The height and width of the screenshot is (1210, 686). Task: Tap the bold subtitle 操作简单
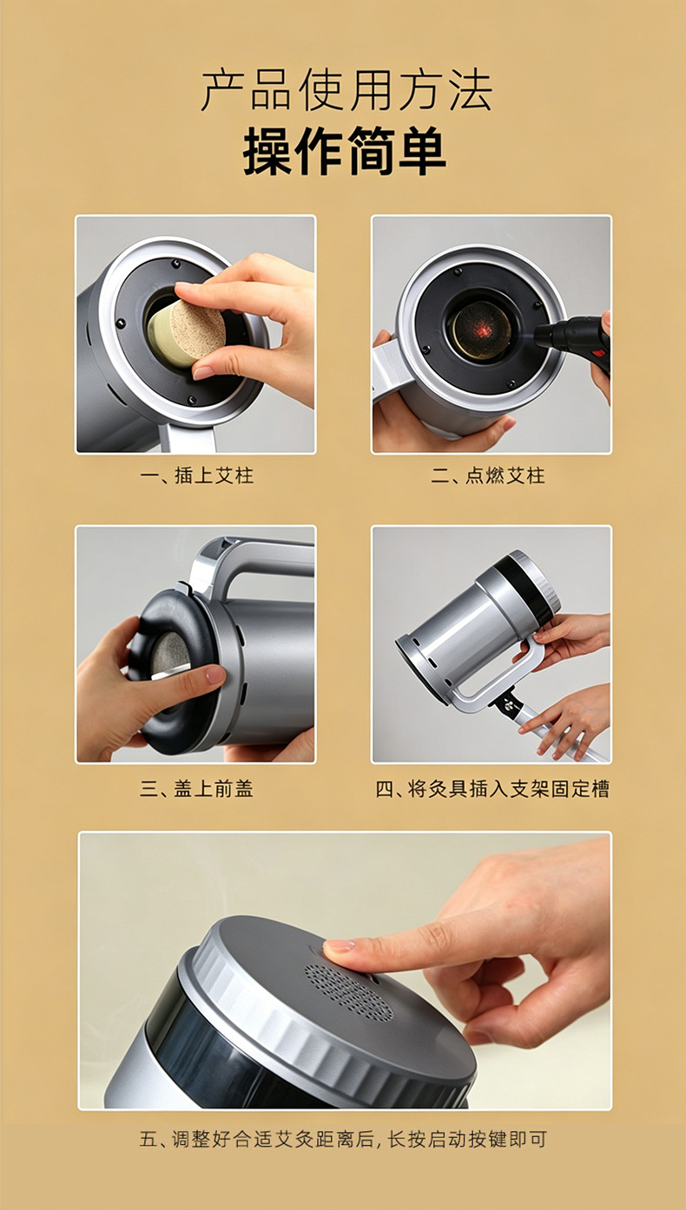pos(345,151)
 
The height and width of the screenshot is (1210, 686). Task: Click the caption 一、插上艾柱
pos(197,476)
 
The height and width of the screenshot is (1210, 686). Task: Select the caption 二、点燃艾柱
pos(488,476)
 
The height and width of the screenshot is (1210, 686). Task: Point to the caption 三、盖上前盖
pos(197,789)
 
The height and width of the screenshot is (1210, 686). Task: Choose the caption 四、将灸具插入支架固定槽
pos(492,789)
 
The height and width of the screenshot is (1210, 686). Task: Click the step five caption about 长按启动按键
pos(343,1139)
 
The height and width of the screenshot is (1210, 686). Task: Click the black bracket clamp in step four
pos(505,704)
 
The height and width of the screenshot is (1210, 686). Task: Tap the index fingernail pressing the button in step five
pos(339,945)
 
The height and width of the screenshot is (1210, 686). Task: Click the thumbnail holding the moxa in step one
pos(203,372)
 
